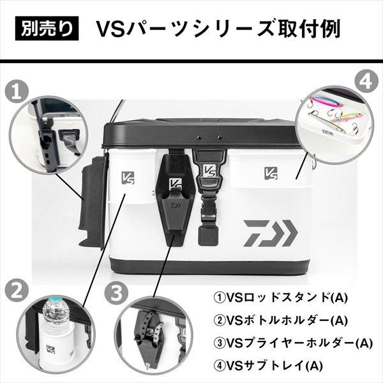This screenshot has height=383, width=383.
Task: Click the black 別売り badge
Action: click(47, 29)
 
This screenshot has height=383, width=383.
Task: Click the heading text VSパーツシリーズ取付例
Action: click(217, 29)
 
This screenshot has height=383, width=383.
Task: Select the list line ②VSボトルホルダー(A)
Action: click(278, 319)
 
